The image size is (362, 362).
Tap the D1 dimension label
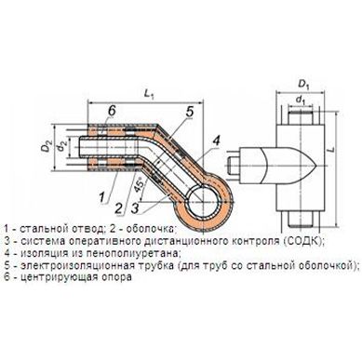tap(303, 84)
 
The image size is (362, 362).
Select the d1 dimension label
tap(300, 100)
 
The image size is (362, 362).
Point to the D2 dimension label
tap(46, 146)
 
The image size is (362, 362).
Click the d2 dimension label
tap(62, 145)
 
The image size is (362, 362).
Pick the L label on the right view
tap(331, 148)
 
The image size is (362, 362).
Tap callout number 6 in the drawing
tap(112, 110)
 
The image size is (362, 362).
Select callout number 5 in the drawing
tap(189, 113)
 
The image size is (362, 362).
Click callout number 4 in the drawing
tap(216, 141)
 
